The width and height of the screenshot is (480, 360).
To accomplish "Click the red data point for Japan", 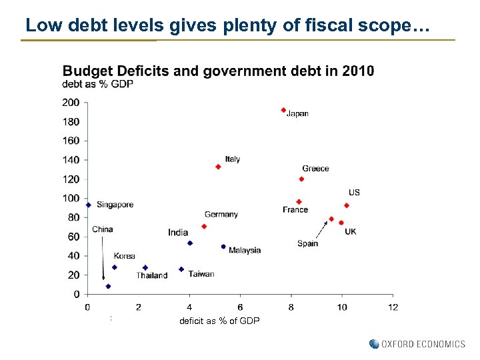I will coord(283,110).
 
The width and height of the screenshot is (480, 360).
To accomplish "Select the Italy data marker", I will coord(218,167).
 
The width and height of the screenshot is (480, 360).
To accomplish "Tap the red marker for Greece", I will coord(301,179).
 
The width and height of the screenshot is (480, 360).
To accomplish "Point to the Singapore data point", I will coord(88,205).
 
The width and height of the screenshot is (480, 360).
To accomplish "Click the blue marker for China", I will coord(108,286).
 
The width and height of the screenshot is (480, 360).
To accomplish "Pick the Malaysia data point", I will coord(223,247).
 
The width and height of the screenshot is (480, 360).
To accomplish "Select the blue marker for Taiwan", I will coord(181,269).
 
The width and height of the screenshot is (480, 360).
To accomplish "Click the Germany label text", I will coord(221,215).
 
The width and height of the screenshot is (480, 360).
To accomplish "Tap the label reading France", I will coord(295,210).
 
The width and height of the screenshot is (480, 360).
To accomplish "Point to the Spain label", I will coord(307,243).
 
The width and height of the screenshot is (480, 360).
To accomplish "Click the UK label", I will coord(351,231).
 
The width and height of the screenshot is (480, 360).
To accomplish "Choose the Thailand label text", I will coord(152,276).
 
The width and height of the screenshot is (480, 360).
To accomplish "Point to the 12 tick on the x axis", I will coord(393,307).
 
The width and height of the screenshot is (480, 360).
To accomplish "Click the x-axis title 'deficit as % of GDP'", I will coord(219,321).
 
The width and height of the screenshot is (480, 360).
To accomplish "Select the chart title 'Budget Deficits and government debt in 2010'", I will coord(218,71).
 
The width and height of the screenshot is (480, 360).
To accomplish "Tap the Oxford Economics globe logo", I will coord(374,344).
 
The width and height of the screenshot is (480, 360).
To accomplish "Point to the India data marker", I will coord(190,243).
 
